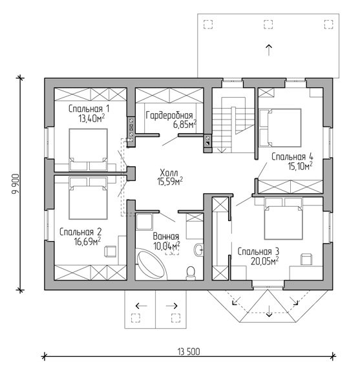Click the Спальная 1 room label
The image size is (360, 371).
[x=89, y=109]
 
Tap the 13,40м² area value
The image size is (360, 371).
[x=92, y=118]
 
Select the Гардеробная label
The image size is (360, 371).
[x=169, y=116]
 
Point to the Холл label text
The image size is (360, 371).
[x=169, y=172]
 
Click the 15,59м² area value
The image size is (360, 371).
[x=170, y=182]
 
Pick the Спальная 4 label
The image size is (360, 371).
[x=292, y=156]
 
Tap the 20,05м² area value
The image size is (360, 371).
[x=264, y=261]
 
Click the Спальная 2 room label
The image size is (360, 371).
[x=80, y=232]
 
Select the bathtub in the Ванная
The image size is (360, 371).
[x=151, y=264]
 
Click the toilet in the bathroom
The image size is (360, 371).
[x=191, y=273]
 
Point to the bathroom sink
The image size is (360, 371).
[x=198, y=249]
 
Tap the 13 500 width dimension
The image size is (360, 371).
[x=189, y=352]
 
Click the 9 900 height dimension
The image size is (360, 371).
[x=16, y=184]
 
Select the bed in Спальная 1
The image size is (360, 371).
[x=88, y=149]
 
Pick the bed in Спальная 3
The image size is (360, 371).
[x=283, y=218]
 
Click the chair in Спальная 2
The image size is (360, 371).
[x=111, y=251]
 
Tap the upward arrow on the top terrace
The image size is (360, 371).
[x=268, y=50]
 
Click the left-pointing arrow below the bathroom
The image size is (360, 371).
[x=141, y=306]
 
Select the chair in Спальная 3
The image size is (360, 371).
[x=306, y=259]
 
